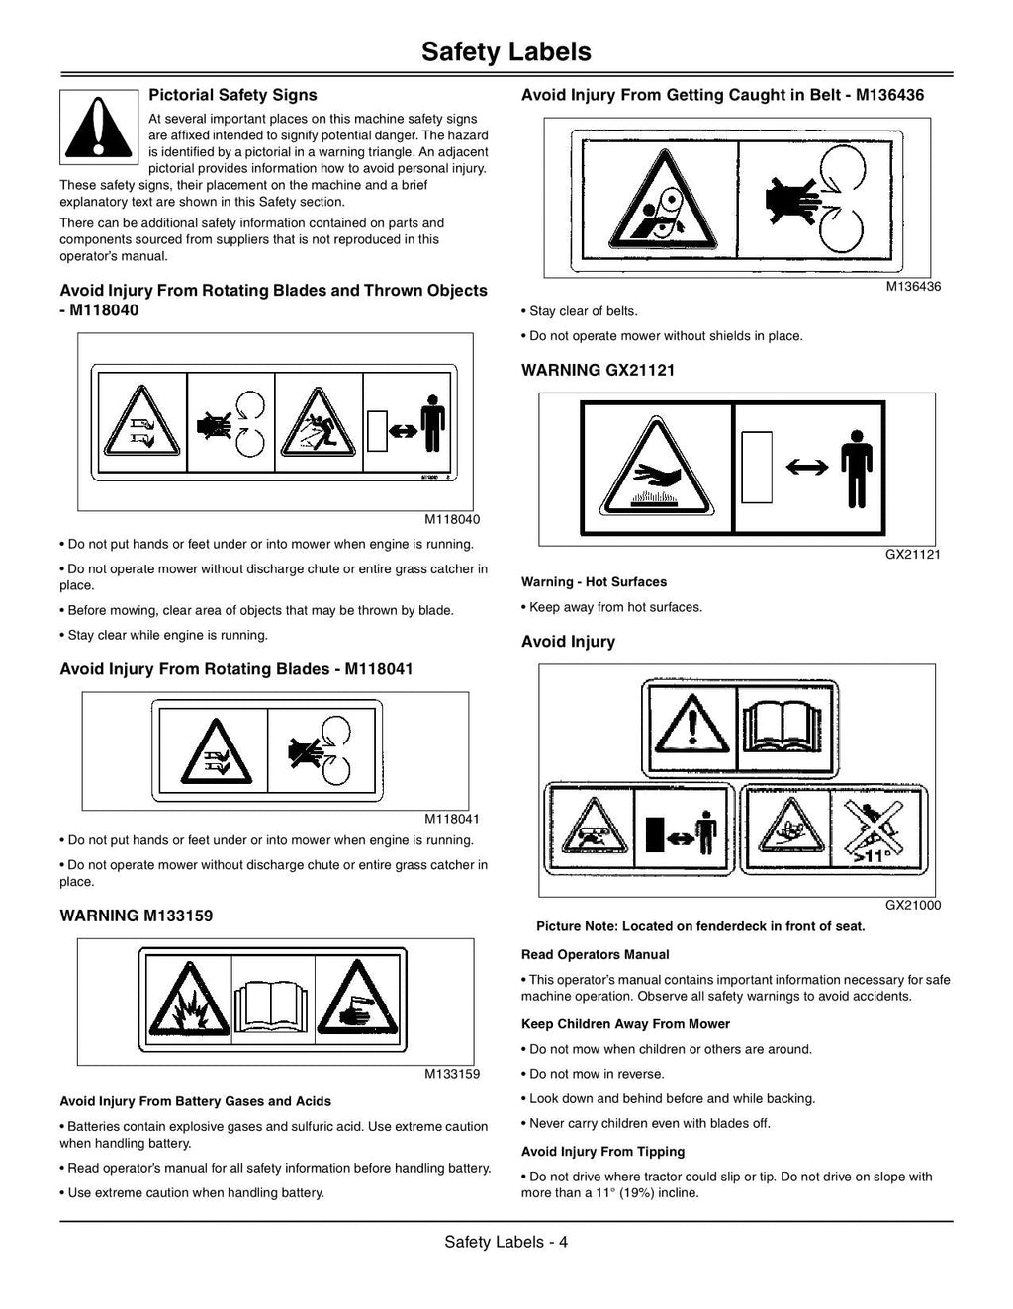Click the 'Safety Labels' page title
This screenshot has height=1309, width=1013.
pos(506,51)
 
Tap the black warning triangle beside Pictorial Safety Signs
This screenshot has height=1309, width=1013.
pos(98,128)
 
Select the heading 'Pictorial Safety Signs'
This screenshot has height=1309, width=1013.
pos(232,95)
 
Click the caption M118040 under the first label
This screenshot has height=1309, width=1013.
pos(452,519)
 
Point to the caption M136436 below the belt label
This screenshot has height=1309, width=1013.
pos(913,287)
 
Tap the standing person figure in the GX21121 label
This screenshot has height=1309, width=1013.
pos(856,469)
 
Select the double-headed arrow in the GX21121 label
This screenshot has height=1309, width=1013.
pos(807,467)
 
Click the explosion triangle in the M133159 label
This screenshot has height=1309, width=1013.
pos(189,1001)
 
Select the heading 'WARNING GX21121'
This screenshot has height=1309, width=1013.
pos(598,370)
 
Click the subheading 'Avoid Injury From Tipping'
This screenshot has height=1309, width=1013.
pos(602,1151)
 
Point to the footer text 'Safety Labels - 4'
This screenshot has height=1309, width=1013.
pos(506,1242)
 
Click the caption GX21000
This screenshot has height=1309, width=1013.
pos(913,905)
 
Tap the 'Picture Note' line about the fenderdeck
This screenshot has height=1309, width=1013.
pos(700,926)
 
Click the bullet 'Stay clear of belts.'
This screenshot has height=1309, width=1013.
pos(579,311)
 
